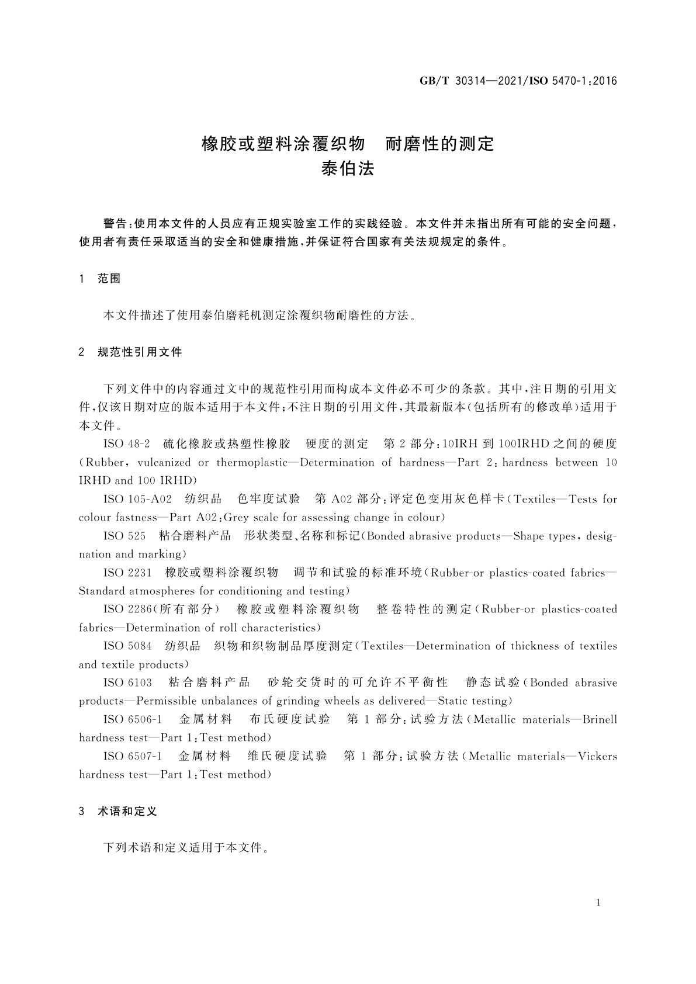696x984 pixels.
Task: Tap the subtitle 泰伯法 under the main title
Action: tap(348, 168)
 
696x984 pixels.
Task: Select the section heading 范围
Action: tap(109, 279)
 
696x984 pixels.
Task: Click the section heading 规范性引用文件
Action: tap(140, 352)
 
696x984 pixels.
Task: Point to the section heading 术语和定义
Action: tap(127, 811)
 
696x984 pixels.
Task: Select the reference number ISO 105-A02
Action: tap(137, 499)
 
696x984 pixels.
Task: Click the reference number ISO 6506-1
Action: tap(133, 719)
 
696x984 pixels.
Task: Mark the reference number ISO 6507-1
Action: tap(133, 756)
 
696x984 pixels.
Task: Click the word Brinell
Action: tap(600, 719)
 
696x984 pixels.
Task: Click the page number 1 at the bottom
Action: tap(598, 903)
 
